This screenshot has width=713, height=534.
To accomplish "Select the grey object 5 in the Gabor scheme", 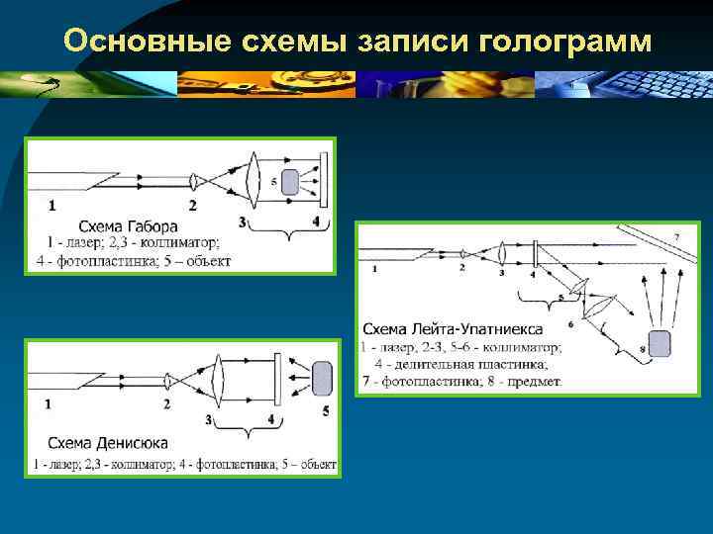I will pyautogui.click(x=291, y=181).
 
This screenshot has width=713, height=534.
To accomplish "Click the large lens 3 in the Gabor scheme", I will pyautogui.click(x=254, y=181).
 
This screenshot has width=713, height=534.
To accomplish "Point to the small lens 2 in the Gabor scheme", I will pyautogui.click(x=194, y=181).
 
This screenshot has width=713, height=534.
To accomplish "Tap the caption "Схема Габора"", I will pyautogui.click(x=128, y=225).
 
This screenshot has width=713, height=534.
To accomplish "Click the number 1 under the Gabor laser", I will pyautogui.click(x=51, y=206).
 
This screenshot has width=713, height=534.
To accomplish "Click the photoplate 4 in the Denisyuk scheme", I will pyautogui.click(x=279, y=379).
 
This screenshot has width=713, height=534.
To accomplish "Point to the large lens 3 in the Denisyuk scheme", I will pyautogui.click(x=218, y=379).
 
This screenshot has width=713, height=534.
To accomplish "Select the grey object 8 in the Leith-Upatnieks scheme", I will pyautogui.click(x=656, y=344).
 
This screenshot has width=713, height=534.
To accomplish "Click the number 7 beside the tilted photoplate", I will pyautogui.click(x=676, y=237).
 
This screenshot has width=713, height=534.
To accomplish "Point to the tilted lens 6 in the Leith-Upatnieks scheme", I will pyautogui.click(x=597, y=318).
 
